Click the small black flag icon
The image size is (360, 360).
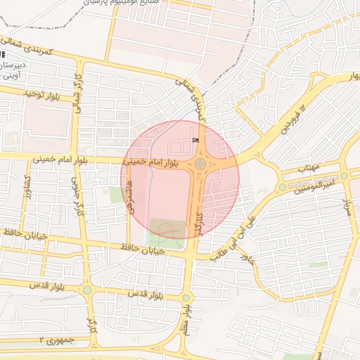195,140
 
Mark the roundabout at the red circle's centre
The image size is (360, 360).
201,164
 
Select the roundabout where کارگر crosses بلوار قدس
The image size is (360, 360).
87,290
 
